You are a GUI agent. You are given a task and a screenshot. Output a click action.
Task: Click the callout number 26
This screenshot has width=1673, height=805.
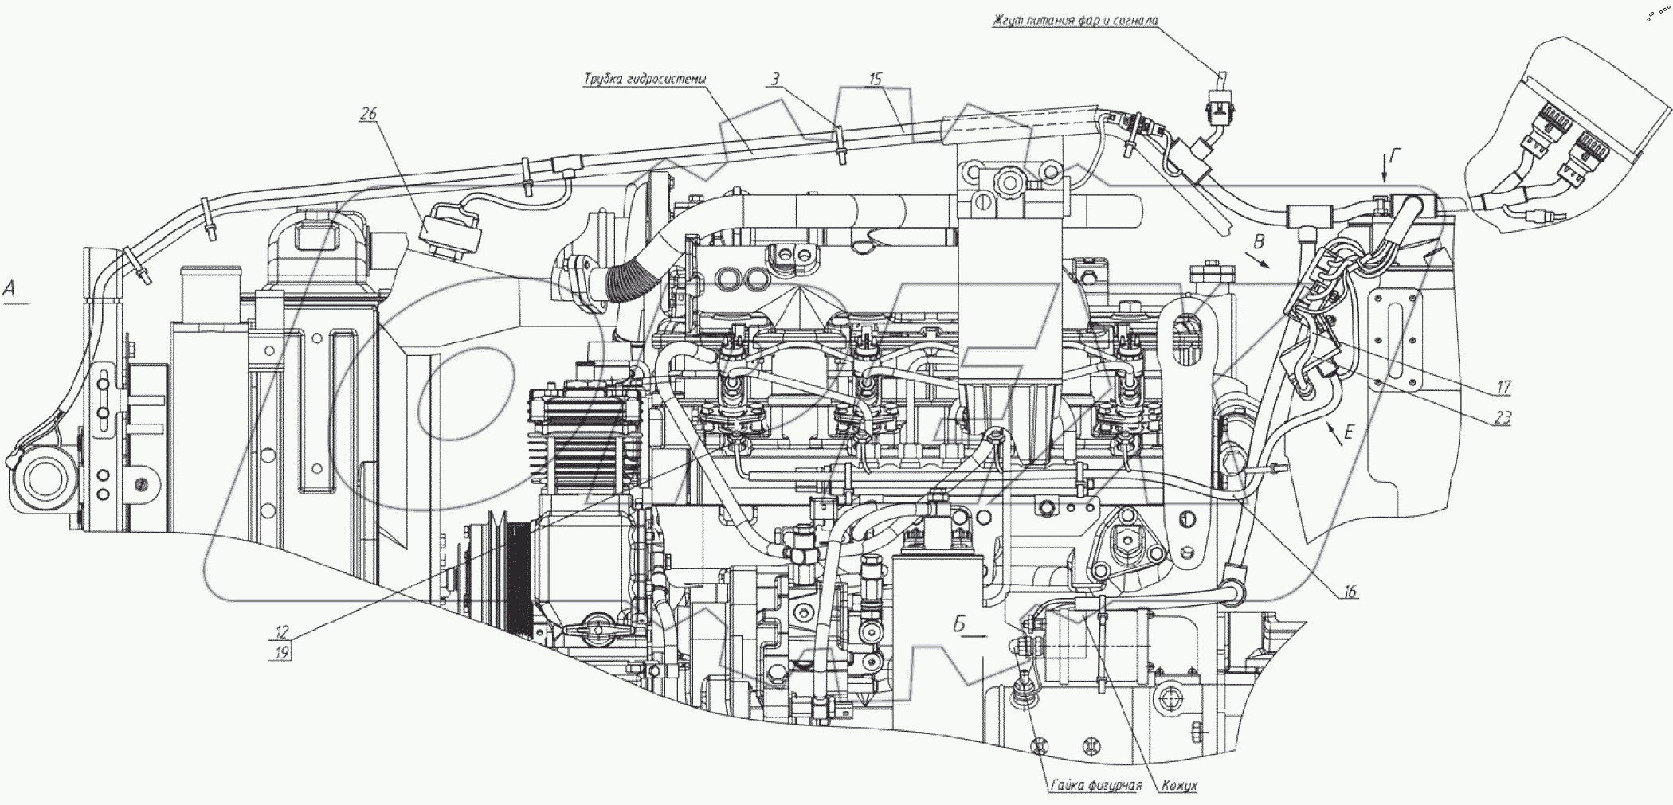coord(367,115)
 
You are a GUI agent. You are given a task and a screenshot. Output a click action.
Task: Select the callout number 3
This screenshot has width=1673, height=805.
coord(775,79)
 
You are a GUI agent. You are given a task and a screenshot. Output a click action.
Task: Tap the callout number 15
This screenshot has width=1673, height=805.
coord(876,79)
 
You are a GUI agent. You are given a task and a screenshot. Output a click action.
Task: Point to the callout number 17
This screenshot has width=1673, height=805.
coord(1503,387)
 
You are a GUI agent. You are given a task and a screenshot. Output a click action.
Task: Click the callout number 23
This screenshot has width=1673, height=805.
coord(1503,418)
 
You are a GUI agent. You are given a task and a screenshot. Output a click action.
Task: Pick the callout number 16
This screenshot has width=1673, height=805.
coord(1350,592)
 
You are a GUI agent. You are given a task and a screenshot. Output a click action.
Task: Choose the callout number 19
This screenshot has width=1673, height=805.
coord(282,651)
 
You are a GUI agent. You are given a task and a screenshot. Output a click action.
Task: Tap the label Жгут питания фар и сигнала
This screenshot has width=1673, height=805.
coord(1075,20)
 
